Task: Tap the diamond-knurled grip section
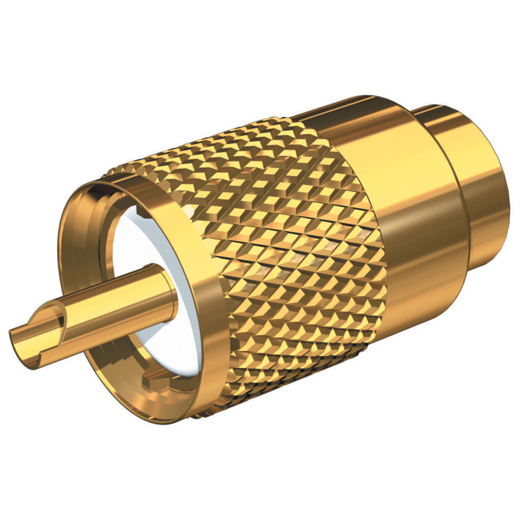point(291,250)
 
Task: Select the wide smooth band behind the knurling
point(406,208)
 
